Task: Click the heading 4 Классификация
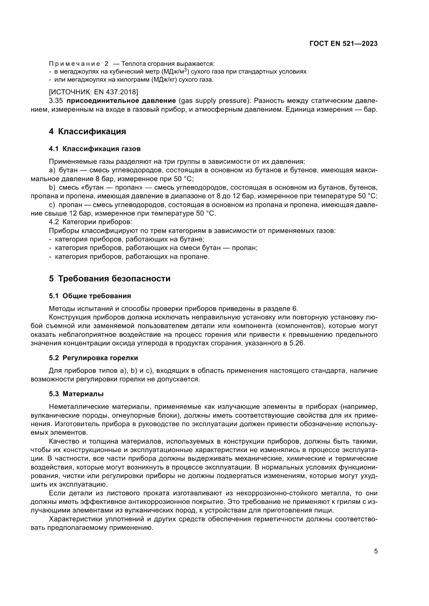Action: tap(87, 131)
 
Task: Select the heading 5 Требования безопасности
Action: tap(109, 278)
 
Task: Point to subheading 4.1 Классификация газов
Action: tap(94, 149)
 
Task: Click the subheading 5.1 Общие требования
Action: tap(90, 296)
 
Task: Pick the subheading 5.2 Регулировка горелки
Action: tap(93, 358)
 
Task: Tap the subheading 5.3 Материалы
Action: tap(76, 392)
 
